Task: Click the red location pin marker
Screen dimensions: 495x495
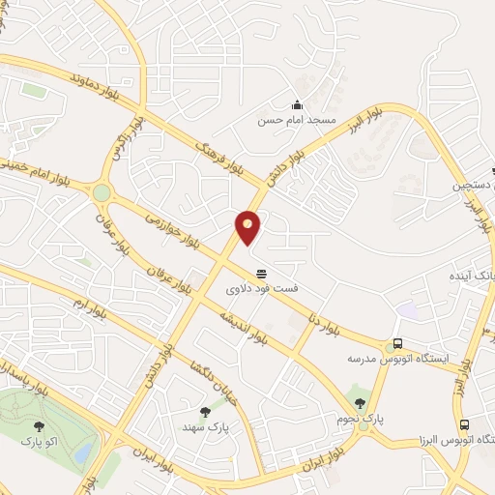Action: click(x=248, y=226)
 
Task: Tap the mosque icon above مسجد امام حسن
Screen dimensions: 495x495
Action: click(x=296, y=105)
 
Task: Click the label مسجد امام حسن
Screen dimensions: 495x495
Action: click(x=296, y=121)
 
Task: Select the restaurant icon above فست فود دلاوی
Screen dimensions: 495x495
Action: click(x=260, y=274)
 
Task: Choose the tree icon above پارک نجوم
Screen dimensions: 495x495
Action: click(x=361, y=403)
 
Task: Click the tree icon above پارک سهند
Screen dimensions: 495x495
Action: click(x=203, y=412)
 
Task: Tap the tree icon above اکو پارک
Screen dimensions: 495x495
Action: click(x=40, y=425)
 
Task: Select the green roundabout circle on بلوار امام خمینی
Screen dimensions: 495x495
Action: click(x=102, y=193)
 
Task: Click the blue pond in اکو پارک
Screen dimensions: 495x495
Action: click(x=85, y=451)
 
